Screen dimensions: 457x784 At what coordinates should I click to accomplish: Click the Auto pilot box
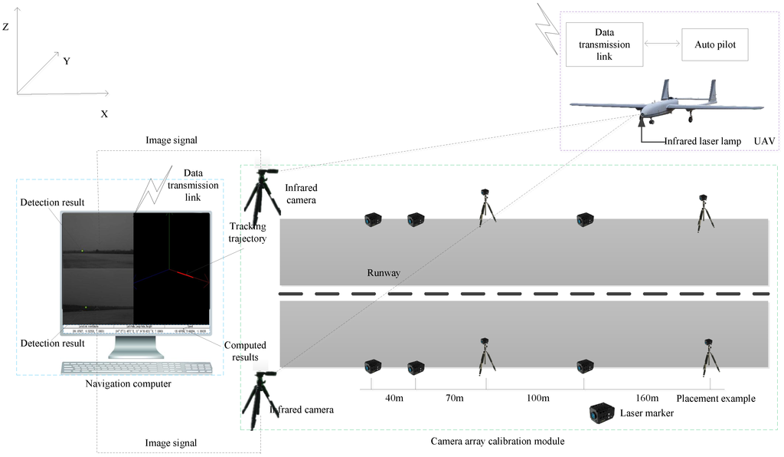click(714, 44)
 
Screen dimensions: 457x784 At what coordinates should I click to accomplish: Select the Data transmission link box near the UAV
click(604, 44)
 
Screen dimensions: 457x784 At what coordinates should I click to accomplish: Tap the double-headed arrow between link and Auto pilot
click(661, 44)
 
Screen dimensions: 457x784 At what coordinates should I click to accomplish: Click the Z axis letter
click(5, 27)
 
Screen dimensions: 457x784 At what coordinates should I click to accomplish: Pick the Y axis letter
click(67, 61)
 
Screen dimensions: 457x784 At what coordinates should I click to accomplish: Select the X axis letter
click(104, 113)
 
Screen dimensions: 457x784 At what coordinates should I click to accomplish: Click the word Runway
click(384, 272)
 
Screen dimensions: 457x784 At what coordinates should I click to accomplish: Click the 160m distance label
click(647, 398)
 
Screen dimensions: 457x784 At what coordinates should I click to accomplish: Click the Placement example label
click(716, 398)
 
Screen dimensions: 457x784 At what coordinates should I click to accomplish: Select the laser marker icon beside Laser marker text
click(603, 413)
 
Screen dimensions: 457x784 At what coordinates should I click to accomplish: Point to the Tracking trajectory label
click(248, 232)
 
